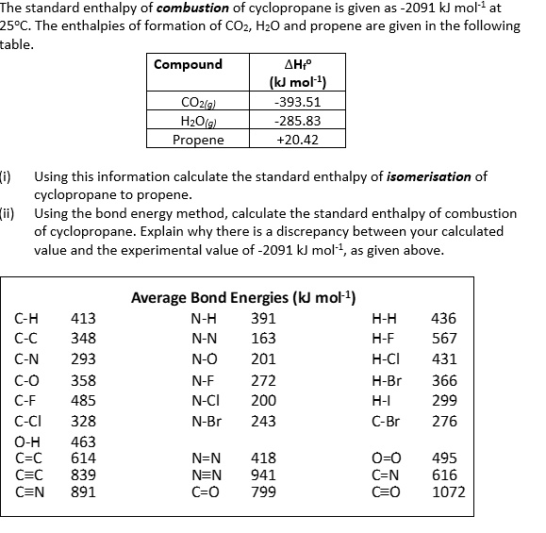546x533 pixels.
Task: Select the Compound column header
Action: coord(189,64)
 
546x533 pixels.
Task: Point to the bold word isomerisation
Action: coord(427,176)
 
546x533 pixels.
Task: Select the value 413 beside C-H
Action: coord(83,318)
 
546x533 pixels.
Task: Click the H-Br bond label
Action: coord(387,381)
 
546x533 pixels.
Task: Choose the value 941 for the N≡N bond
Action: coord(264,475)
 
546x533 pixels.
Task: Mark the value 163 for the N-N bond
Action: coord(264,338)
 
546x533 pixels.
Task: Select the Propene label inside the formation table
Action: coord(198,140)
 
